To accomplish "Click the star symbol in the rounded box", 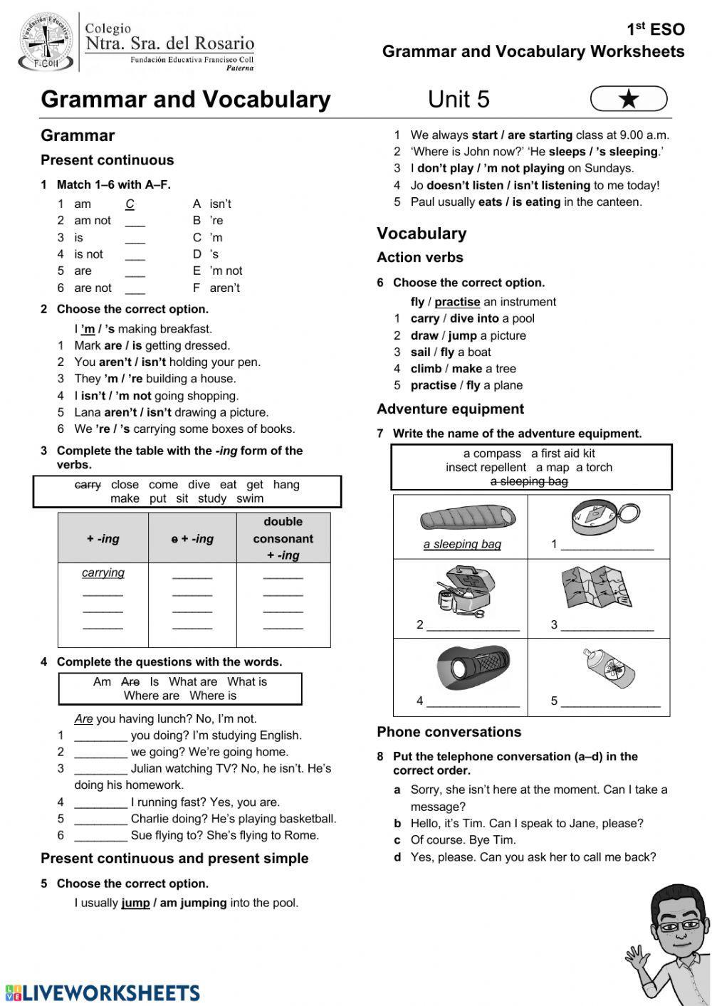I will click(629, 100).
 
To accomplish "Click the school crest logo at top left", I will click(45, 42).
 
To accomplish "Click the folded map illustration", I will click(597, 587).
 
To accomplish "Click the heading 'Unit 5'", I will click(459, 100).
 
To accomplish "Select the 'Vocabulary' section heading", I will click(422, 234).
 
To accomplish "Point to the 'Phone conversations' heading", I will click(449, 732).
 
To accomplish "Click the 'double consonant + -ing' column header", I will click(283, 538).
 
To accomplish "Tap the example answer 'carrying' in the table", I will click(103, 572).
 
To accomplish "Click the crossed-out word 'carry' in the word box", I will click(88, 485).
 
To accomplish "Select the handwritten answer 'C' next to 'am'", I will click(130, 204).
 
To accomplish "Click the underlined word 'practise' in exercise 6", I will click(457, 302).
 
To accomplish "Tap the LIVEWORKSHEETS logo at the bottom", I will click(103, 992).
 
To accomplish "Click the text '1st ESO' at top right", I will click(655, 29).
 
